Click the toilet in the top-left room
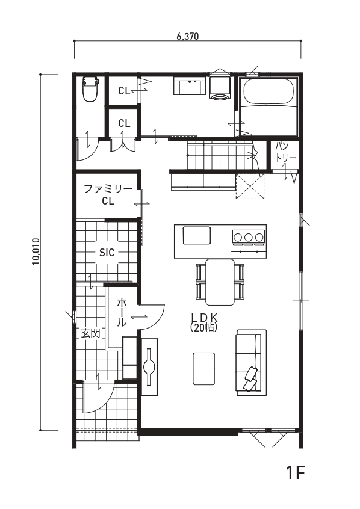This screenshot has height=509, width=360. [x=90, y=89]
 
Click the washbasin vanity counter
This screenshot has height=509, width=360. [x=190, y=85]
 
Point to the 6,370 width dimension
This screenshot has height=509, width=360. [x=187, y=36]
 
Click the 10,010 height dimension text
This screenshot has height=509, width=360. [x=36, y=251]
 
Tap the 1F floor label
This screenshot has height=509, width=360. [x=296, y=472]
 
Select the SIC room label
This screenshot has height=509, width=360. [x=107, y=252]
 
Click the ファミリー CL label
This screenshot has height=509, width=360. [x=108, y=195]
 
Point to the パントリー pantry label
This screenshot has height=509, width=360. [x=285, y=152]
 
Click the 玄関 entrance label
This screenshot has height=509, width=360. [x=90, y=333]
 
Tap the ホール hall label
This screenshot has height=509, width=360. [x=122, y=312]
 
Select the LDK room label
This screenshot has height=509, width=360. [x=203, y=317]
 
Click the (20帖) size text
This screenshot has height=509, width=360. [x=203, y=327]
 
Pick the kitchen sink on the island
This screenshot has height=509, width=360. [x=197, y=236]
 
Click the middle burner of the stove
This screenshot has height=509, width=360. [x=249, y=236]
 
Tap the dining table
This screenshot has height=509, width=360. [x=220, y=282]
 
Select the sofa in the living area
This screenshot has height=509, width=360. [x=252, y=362]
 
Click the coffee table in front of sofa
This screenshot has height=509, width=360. [x=203, y=369]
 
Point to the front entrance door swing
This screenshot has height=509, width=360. [x=98, y=398]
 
